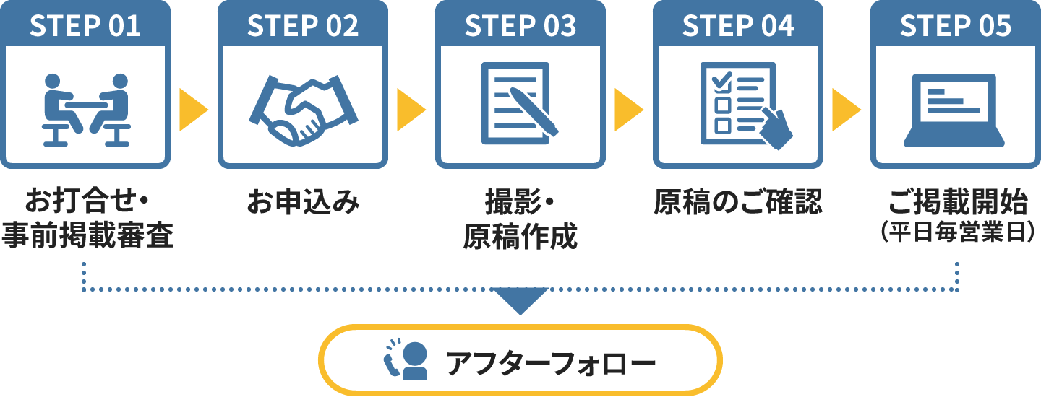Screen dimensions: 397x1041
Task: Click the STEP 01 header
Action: click(x=85, y=26)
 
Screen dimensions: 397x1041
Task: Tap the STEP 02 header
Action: click(x=303, y=26)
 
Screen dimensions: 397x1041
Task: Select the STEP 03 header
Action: click(x=520, y=26)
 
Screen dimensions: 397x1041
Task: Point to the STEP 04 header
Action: click(x=738, y=26)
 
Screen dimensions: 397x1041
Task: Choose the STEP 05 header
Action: click(x=956, y=26)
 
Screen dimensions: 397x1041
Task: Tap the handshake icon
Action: click(x=304, y=108)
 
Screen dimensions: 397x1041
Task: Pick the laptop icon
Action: click(x=956, y=108)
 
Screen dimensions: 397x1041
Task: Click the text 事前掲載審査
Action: click(x=87, y=235)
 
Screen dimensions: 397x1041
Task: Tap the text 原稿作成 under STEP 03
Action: click(x=520, y=236)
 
